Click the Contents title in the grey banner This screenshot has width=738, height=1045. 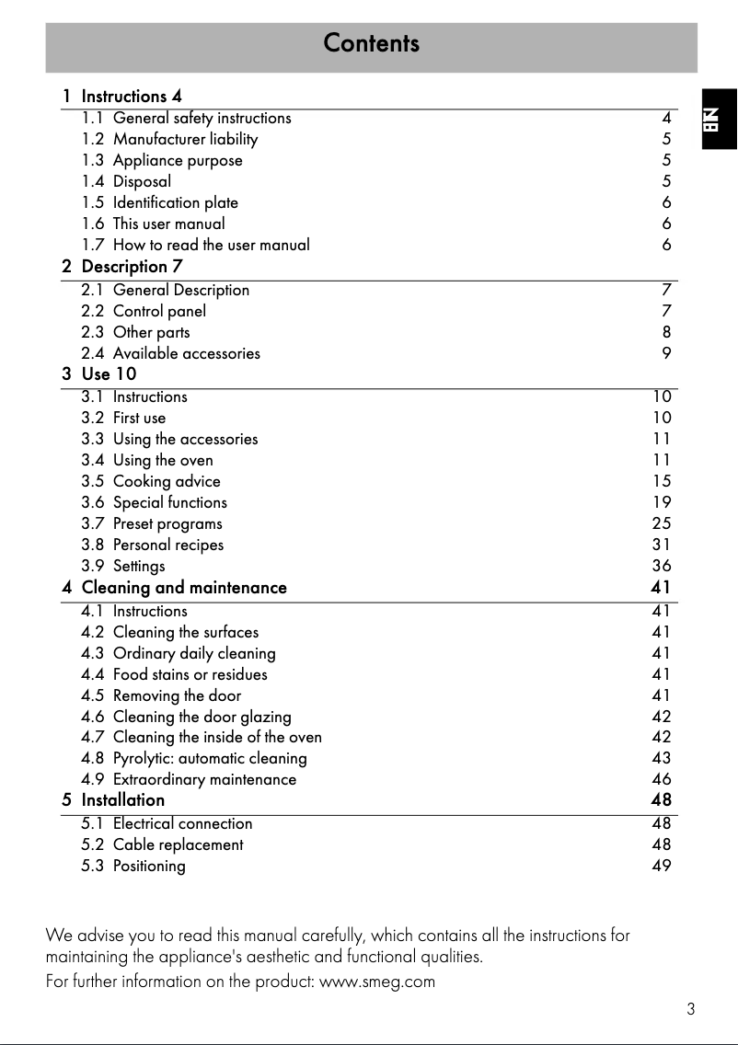pos(371,44)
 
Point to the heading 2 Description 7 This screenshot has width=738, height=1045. pos(132,267)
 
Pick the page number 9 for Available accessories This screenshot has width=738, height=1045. pos(666,353)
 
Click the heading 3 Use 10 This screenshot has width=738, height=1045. pos(109,373)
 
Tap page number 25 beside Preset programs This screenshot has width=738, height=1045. pos(662,523)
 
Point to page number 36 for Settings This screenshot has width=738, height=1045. pos(662,566)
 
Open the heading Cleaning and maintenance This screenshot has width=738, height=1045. pos(184,587)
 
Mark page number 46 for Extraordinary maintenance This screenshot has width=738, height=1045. pos(662,779)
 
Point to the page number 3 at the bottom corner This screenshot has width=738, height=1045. pos(690,1009)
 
